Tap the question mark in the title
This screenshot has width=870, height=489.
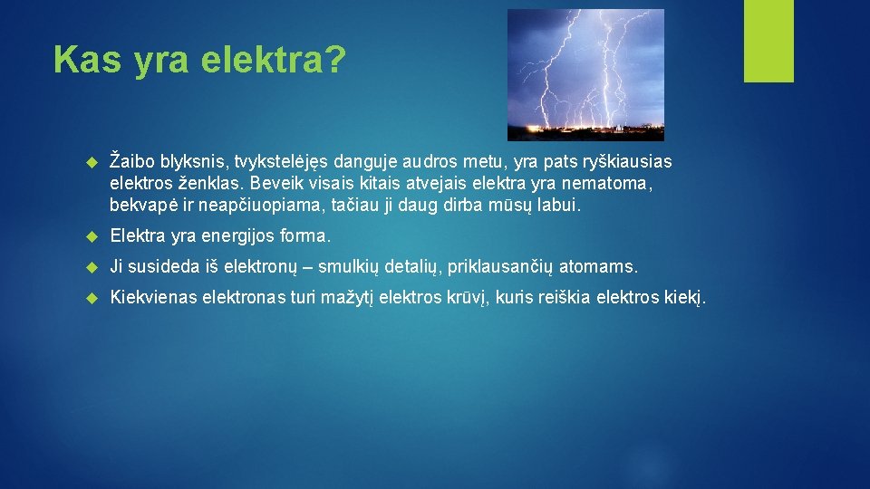[334, 61]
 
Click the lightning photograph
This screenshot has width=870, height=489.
[585, 74]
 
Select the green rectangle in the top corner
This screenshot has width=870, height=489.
[768, 42]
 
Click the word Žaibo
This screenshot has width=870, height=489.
[133, 161]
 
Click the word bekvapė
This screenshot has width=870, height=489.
[140, 206]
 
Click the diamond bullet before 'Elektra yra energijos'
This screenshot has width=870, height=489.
[90, 237]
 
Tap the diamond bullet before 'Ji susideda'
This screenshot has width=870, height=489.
[90, 267]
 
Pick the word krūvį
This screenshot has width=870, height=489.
[468, 297]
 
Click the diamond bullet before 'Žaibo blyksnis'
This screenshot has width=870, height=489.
[90, 162]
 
